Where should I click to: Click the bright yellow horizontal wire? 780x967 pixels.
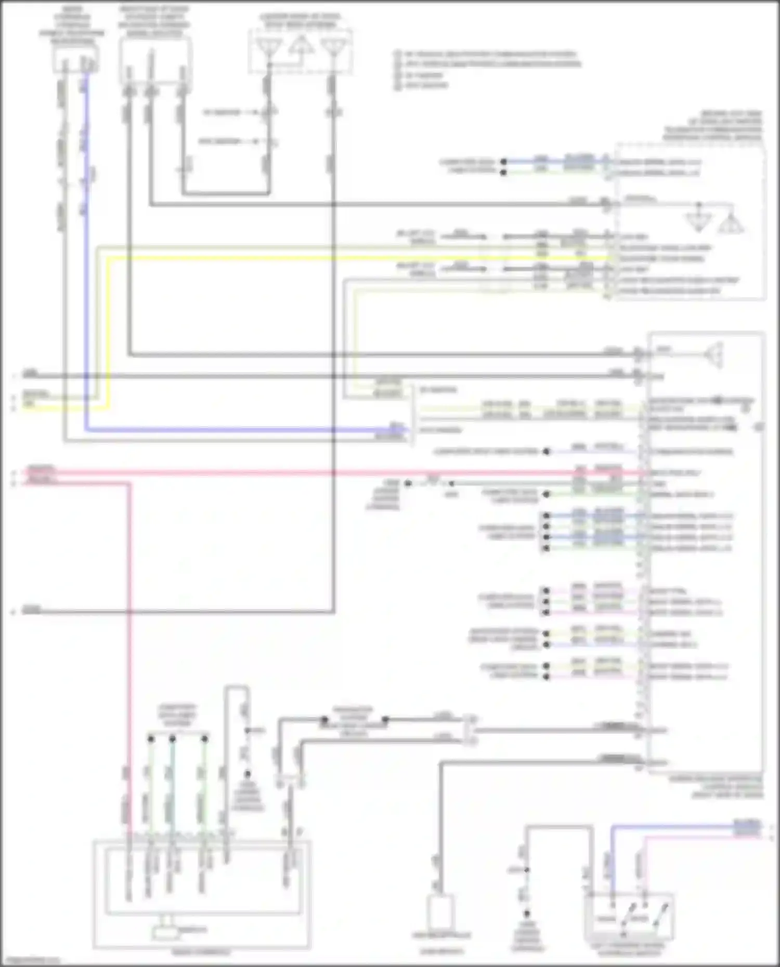(364, 258)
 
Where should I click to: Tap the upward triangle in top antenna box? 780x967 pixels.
(301, 45)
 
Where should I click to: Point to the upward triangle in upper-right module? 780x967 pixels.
(731, 223)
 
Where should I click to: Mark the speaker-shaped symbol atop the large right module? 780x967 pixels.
(715, 354)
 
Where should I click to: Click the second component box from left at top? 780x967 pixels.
(155, 60)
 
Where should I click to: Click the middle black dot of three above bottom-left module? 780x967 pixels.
(172, 738)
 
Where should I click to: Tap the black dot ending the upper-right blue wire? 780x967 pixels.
(503, 162)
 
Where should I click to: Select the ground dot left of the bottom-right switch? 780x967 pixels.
(527, 913)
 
